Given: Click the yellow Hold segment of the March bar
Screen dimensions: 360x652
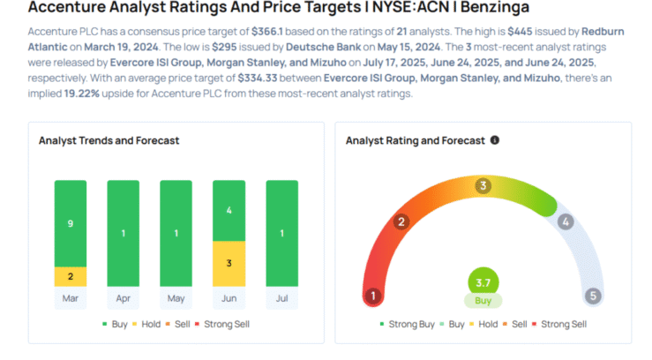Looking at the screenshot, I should click(71, 275).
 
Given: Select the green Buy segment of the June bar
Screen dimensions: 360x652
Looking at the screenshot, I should click(229, 210).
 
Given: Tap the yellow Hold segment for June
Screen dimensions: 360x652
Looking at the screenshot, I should click(229, 263).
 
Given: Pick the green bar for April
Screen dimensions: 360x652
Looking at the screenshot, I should click(124, 233).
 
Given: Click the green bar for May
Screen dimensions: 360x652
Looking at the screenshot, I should click(176, 233).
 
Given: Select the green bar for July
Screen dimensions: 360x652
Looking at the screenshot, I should click(282, 233).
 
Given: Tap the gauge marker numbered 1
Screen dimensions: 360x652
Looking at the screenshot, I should click(374, 296).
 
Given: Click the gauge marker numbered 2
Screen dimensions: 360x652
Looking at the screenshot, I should click(401, 221).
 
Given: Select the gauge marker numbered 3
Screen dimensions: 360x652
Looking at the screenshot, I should click(483, 186).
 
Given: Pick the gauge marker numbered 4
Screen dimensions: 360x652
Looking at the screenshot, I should click(566, 221).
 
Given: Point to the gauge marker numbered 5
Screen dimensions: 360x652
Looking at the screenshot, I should click(593, 296).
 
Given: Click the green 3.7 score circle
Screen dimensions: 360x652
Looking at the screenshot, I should click(483, 281).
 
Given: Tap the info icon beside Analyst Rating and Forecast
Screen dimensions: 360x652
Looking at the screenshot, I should click(495, 140).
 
